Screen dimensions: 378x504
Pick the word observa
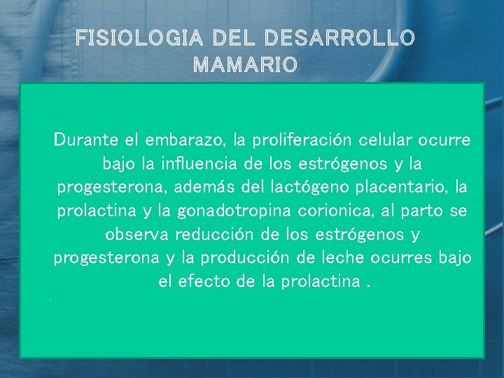136,234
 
